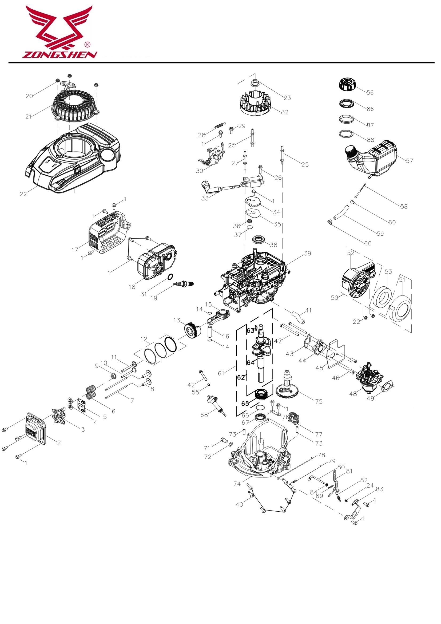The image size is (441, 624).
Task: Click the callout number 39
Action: pos(307,253)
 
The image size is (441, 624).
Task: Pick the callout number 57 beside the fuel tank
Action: pos(410,161)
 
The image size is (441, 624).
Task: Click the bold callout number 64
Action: pos(250,363)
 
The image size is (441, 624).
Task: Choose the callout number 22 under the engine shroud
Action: pos(23,194)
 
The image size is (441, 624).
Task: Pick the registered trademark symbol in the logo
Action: pos(87,44)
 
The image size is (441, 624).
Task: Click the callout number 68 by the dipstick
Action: pos(204,415)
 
